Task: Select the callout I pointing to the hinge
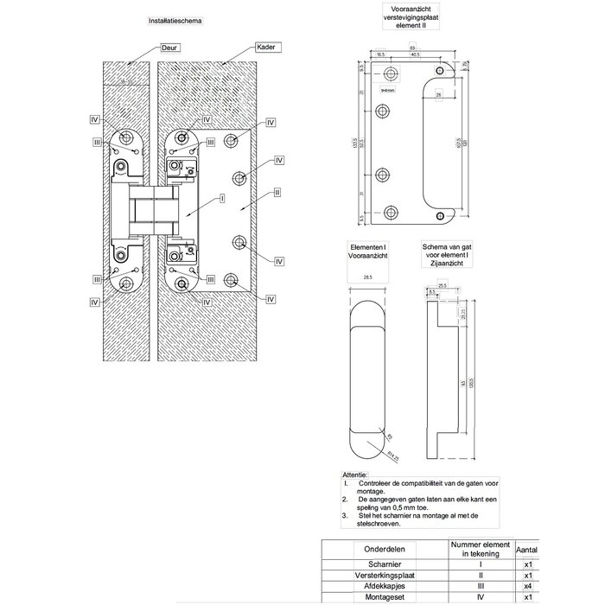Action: tap(222, 197)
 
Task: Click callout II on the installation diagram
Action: tap(277, 191)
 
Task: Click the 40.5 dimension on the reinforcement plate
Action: tap(416, 54)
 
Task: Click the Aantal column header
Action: tap(526, 548)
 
